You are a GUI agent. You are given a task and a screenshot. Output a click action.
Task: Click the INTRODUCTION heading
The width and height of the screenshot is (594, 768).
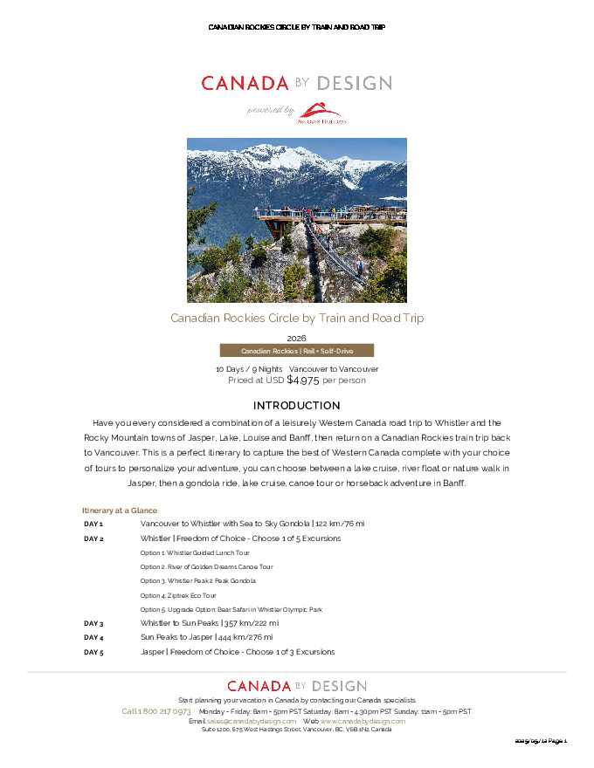(x=296, y=406)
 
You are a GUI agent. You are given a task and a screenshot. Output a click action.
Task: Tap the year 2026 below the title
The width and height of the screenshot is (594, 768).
(x=296, y=338)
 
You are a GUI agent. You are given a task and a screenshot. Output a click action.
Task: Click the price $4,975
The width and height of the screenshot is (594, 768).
(x=303, y=381)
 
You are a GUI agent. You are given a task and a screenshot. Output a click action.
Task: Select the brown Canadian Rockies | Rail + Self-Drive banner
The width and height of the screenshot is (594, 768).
(x=296, y=351)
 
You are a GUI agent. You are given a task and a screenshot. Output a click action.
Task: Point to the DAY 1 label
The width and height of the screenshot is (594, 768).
(x=93, y=524)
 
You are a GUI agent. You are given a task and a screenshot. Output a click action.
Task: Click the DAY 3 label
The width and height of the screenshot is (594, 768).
(x=93, y=623)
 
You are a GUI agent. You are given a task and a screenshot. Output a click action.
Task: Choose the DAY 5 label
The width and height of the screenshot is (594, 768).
(x=93, y=652)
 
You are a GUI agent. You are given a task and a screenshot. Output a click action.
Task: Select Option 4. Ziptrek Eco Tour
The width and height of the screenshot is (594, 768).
(x=178, y=595)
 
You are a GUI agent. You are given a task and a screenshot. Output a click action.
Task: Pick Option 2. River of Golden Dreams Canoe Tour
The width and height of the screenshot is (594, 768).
(x=206, y=566)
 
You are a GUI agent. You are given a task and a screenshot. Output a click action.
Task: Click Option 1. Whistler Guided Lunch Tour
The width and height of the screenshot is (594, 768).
(x=195, y=552)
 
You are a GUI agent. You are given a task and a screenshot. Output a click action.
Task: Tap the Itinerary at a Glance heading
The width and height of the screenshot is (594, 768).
(x=120, y=510)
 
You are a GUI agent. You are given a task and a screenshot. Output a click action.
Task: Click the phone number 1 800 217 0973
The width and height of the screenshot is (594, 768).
(x=164, y=711)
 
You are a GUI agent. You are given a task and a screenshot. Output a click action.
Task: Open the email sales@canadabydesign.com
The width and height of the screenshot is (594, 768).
(x=252, y=721)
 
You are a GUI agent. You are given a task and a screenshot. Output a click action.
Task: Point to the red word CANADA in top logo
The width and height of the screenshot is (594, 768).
(x=245, y=84)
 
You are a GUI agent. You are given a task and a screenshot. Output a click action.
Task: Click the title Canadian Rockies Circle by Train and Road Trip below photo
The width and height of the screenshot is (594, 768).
(x=296, y=319)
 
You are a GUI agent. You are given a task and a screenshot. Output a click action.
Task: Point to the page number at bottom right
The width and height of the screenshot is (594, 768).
(x=542, y=741)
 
